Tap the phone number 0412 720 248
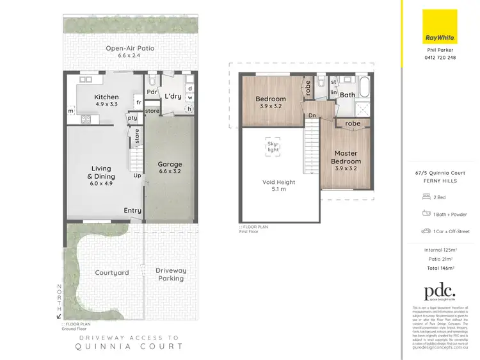(441, 58)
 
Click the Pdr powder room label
(152, 92)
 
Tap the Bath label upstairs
(348, 95)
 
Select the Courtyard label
(111, 272)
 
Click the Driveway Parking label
(171, 275)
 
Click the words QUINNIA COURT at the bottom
(130, 346)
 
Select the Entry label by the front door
(133, 210)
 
